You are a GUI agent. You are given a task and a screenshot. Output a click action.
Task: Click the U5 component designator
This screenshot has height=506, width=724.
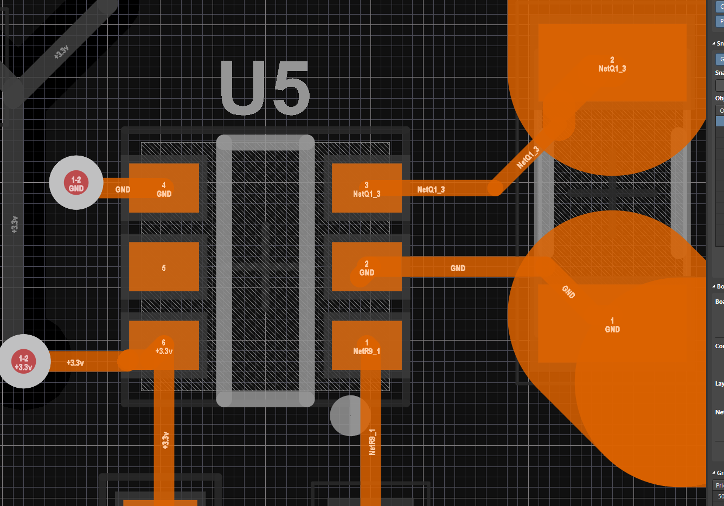(x=265, y=88)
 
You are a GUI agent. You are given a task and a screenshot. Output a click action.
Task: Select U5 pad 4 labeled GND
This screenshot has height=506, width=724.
(x=164, y=189)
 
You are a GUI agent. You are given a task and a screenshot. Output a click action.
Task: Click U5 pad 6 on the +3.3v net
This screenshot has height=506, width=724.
(x=164, y=345)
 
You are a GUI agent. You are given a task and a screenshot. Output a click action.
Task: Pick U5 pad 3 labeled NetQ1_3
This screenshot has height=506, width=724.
(x=367, y=189)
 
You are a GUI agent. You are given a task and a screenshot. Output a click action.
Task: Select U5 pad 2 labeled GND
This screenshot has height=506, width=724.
(x=367, y=267)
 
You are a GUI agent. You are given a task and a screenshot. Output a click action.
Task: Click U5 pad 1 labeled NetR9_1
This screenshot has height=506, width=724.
(x=367, y=346)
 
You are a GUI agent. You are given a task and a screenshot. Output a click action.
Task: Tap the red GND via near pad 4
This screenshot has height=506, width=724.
(x=76, y=183)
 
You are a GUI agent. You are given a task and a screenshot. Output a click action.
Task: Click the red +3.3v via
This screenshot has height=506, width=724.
(x=23, y=362)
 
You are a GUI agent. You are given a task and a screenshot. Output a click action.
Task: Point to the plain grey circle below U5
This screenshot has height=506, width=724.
(x=350, y=415)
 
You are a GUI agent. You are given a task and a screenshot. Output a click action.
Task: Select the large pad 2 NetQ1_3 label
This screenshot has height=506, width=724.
(x=612, y=65)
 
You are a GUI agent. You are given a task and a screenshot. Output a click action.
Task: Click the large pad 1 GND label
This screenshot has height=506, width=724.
(x=612, y=325)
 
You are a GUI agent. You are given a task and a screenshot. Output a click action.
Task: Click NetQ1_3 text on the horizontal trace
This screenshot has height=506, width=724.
(x=431, y=189)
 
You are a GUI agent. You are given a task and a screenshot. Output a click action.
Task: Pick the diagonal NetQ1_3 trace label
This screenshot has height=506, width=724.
(x=528, y=157)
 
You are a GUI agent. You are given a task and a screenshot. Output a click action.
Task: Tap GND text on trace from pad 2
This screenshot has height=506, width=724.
(x=458, y=268)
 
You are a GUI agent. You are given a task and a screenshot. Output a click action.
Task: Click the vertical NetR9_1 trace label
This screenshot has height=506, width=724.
(x=372, y=441)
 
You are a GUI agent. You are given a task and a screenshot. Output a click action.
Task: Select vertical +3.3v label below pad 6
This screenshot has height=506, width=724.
(x=165, y=440)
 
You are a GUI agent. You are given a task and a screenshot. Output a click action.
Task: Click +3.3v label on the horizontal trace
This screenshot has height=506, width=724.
(x=75, y=362)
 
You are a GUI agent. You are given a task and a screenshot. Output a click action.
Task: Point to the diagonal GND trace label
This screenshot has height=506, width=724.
(x=568, y=292)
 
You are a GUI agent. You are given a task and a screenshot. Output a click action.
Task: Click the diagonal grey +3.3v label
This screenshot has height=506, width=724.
(x=61, y=52)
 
